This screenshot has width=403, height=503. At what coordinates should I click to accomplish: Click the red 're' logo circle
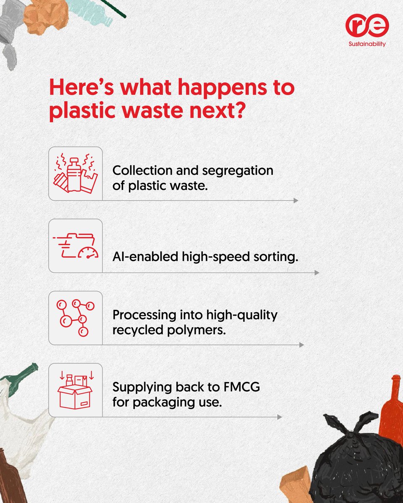367,26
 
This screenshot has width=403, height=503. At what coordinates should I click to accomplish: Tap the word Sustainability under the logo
368,44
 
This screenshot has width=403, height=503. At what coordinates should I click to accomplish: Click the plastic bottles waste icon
76,173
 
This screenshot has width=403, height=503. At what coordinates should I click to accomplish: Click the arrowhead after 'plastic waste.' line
296,201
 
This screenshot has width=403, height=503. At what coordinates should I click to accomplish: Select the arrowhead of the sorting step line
317,273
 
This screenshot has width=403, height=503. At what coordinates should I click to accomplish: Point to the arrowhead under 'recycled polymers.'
301,345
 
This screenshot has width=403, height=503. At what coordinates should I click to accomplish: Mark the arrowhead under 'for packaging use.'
279,417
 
